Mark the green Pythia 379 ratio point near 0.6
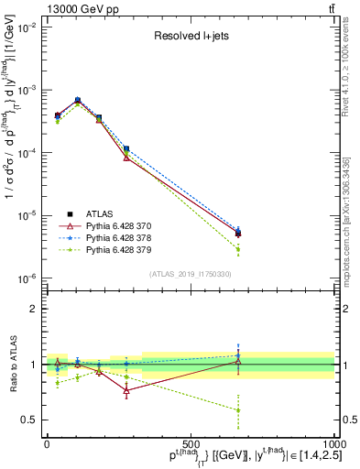point(238,410)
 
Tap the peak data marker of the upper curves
point(78,100)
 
